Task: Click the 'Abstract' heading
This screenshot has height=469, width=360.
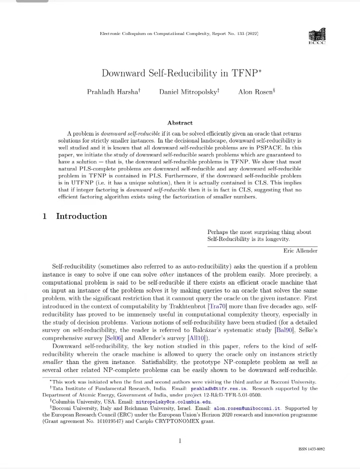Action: pos(180,122)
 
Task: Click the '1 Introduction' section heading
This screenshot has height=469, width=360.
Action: pos(75,216)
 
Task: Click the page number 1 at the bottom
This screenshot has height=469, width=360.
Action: pos(180,440)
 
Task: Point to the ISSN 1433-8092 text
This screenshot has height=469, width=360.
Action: pos(311,449)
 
